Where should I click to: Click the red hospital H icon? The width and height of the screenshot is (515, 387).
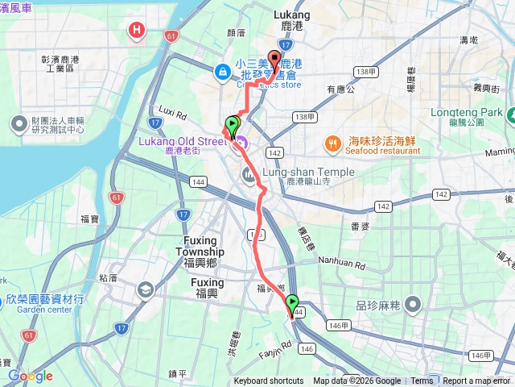coord(137,31)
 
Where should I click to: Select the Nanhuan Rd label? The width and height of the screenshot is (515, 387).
coord(348,263)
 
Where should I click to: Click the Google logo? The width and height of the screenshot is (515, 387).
coord(30,376)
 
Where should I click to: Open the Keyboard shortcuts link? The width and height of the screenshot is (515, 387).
coord(269,381)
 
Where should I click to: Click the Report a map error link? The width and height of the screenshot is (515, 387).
coord(477,381)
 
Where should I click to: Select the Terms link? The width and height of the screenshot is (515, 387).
coord(422,381)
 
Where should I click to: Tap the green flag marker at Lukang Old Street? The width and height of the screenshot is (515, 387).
coord(233,125)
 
